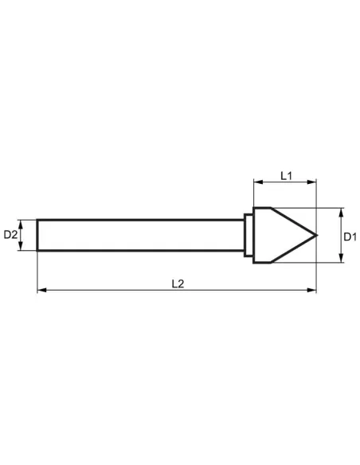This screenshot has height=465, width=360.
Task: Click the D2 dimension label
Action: click(11, 235)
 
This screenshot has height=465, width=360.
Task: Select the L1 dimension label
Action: click(286, 174)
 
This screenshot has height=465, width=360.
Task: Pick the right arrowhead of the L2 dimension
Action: click(313, 291)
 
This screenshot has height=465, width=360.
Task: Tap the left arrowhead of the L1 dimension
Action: click(256, 182)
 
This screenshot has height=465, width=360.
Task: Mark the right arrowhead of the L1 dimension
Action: click(313, 182)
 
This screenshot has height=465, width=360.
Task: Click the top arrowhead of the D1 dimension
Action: click(340, 211)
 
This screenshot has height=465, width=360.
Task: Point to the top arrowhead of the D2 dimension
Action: click(23, 222)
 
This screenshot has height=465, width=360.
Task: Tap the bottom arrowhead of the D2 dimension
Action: click(23, 248)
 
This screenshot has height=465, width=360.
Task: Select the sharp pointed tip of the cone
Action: click(315, 235)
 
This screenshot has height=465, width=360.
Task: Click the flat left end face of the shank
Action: click(37, 235)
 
